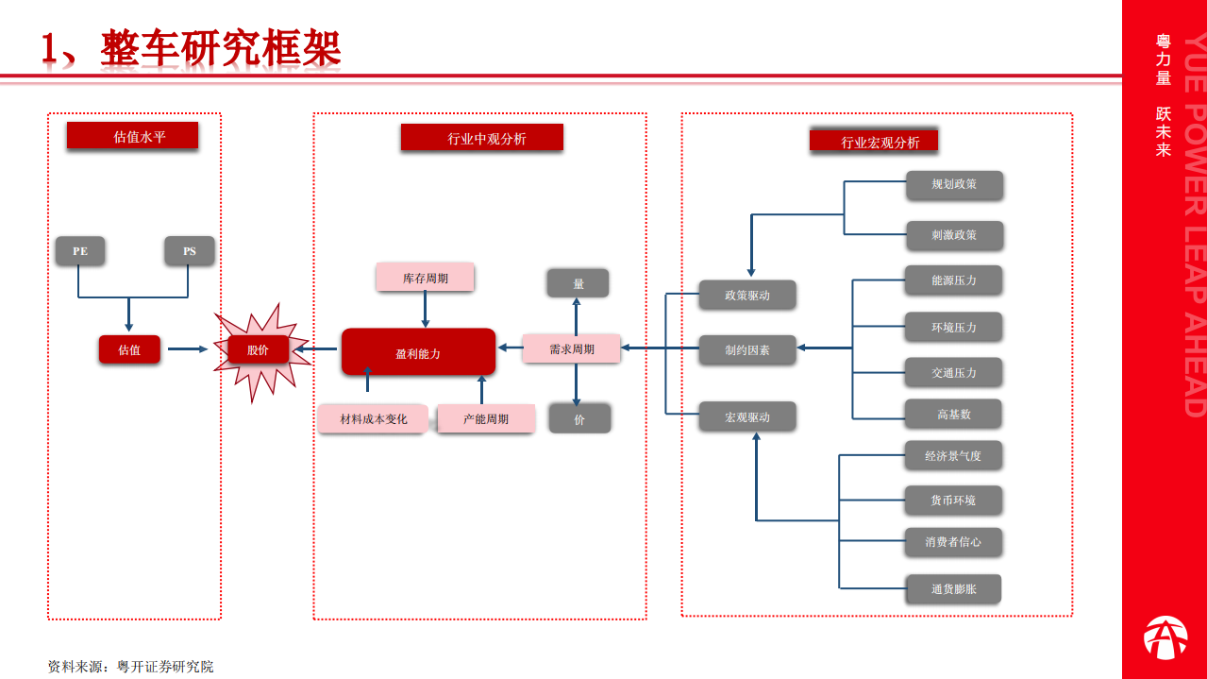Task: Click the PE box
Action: click(80, 251)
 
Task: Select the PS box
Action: click(190, 251)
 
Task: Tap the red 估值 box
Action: click(129, 349)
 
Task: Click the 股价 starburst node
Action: click(258, 350)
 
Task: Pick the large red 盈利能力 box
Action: click(418, 352)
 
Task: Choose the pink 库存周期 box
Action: click(425, 278)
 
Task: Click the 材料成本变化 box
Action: click(374, 418)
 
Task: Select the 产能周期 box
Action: click(486, 418)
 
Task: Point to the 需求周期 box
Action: click(572, 348)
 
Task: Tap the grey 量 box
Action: click(578, 283)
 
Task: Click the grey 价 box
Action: click(579, 418)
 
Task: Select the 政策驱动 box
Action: click(747, 295)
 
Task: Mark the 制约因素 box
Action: click(747, 349)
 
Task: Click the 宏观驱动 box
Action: click(747, 416)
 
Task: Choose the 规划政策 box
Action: click(954, 184)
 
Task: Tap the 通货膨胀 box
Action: click(953, 589)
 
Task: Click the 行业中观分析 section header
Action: click(482, 138)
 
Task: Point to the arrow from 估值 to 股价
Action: click(187, 349)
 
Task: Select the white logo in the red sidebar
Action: click(1165, 637)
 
